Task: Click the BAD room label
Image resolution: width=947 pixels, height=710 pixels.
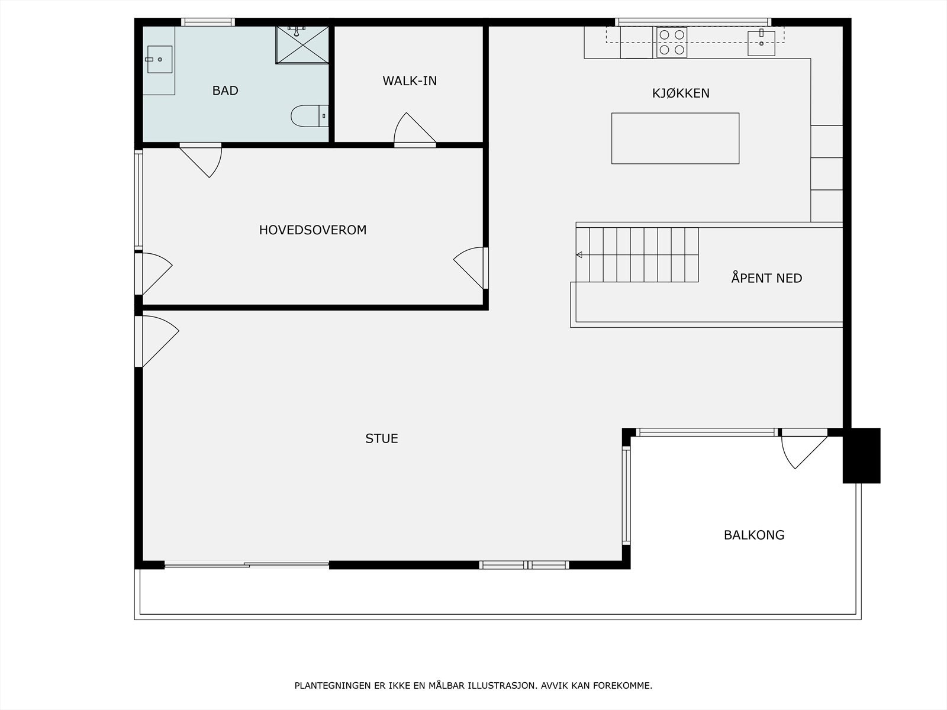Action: click(226, 91)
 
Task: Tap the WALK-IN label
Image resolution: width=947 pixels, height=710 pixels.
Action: click(410, 81)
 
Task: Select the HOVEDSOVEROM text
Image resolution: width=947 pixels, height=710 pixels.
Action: click(313, 230)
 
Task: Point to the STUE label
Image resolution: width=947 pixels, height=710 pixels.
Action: click(382, 438)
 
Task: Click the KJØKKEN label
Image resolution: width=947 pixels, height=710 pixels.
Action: click(681, 93)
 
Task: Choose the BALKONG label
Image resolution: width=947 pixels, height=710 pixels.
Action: click(754, 535)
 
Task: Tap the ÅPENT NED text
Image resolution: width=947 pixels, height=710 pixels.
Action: click(766, 277)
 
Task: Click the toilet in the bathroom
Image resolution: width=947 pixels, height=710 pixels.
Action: click(310, 116)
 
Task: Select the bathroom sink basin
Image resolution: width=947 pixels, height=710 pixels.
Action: click(160, 60)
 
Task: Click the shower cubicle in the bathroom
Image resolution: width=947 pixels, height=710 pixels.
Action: click(302, 45)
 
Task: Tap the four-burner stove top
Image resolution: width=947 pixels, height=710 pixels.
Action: click(672, 42)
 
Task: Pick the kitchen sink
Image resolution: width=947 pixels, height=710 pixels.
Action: click(761, 43)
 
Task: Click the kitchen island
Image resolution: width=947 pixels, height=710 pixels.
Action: click(675, 138)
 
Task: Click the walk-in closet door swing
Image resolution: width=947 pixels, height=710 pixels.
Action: click(415, 128)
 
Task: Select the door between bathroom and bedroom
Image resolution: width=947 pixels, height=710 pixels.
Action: click(201, 160)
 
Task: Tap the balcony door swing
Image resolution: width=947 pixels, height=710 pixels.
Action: click(804, 452)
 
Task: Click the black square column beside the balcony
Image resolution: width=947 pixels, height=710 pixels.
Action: click(862, 456)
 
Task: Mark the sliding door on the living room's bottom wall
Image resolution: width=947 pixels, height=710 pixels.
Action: click(247, 564)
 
